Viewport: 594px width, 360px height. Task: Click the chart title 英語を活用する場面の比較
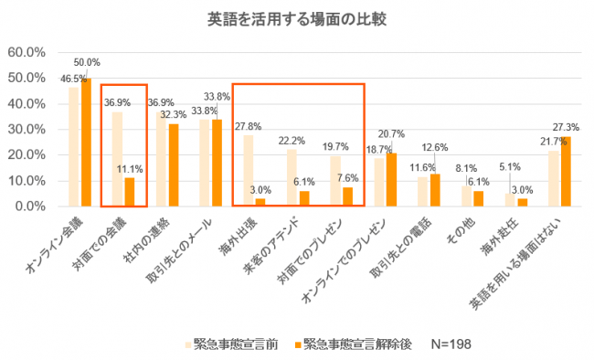point(297,18)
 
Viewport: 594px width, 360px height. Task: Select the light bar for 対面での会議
point(118,159)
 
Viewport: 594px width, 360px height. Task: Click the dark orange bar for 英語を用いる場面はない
point(567,173)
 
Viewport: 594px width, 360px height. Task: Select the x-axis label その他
point(466,228)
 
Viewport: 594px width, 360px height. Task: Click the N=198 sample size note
point(443,344)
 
